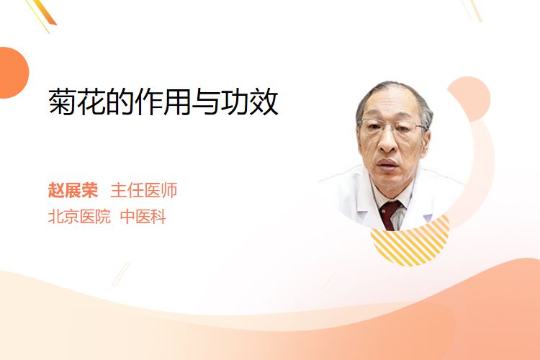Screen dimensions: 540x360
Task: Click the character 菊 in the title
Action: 63,102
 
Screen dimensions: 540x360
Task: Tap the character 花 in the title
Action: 91,102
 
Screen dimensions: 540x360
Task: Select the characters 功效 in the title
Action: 250,102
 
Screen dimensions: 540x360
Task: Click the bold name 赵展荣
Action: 73,190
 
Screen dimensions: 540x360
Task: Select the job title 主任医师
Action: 144,190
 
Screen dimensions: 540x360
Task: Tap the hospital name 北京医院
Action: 79,217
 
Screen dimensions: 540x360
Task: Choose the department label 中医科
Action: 143,217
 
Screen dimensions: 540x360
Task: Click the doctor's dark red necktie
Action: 390,215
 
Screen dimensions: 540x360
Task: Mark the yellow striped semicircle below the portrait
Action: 410,243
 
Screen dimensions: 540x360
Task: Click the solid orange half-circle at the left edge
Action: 13,73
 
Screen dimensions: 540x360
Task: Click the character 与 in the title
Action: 206,102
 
